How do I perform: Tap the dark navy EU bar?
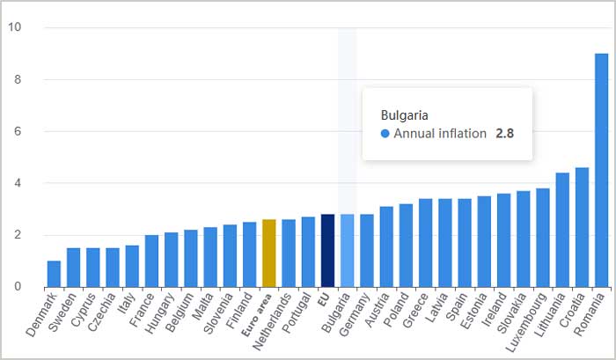coord(327,251)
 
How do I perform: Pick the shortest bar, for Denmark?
coord(54,274)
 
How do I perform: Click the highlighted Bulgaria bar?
coord(347,251)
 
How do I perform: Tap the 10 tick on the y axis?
coord(14,27)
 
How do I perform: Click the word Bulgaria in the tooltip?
coord(405,115)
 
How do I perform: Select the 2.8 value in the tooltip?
coord(504,134)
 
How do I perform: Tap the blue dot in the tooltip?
coord(385,134)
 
